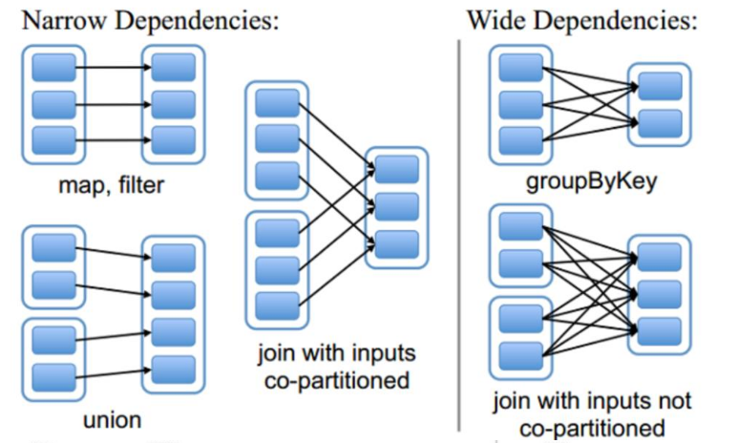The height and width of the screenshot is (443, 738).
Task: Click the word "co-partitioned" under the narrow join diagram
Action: tap(336, 379)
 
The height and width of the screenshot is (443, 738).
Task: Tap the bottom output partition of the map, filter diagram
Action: tap(171, 139)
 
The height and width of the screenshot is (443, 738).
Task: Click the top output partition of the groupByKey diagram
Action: tap(659, 86)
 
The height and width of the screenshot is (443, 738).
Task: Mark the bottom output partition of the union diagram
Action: tap(171, 369)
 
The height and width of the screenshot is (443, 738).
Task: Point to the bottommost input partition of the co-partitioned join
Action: tap(277, 305)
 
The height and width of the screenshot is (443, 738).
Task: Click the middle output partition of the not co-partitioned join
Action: tap(659, 293)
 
